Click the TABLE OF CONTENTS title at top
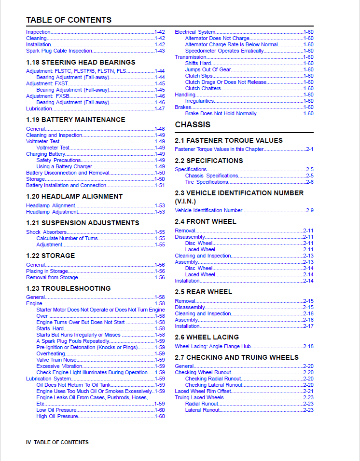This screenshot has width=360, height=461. tap(69, 20)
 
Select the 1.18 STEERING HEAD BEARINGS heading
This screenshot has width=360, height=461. tap(81, 62)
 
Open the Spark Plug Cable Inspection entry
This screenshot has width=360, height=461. tap(58, 51)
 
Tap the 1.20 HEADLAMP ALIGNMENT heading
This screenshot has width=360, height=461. tap(74, 196)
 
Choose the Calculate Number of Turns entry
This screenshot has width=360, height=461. tap(67, 238)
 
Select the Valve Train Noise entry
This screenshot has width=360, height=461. tap(56, 360)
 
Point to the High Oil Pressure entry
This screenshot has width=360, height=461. tap(57, 416)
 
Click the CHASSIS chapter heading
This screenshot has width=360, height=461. tap(193, 124)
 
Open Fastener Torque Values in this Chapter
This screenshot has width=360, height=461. tap(219, 149)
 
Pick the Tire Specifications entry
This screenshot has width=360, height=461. tap(207, 182)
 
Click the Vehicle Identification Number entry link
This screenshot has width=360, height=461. tap(208, 210)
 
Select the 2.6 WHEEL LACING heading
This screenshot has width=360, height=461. tap(207, 337)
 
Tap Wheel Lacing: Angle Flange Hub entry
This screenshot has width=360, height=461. tap(213, 346)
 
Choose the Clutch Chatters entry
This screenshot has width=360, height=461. tap(203, 88)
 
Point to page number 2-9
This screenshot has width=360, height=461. tap(309, 210)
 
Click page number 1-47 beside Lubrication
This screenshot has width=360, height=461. tap(160, 108)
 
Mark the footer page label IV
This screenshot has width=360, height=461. tap(28, 442)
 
